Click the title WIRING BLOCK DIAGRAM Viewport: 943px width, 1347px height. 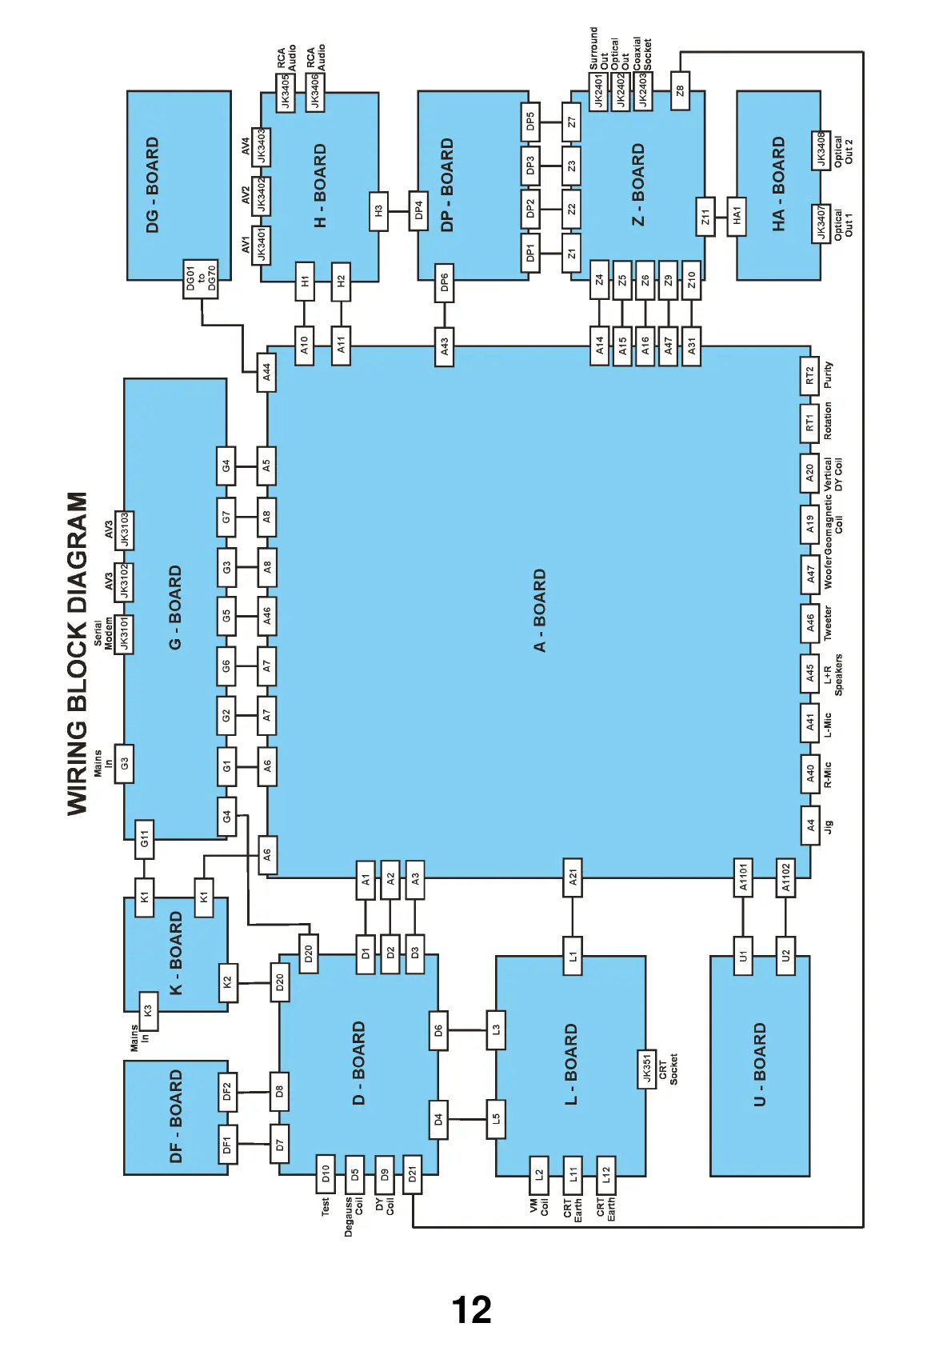pos(78,653)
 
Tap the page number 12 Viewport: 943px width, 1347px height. pos(471,1310)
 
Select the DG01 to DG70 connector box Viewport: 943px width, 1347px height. pos(201,279)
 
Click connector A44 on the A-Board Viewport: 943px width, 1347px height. pos(266,372)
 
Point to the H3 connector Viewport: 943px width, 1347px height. pos(378,211)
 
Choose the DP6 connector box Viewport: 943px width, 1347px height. pos(444,282)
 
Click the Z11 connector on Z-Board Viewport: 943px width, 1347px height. pos(705,217)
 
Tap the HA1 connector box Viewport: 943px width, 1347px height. pos(737,216)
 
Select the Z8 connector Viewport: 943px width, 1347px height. pos(680,91)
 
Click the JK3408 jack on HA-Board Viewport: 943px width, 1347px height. pos(821,150)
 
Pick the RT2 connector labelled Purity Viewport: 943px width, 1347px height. pos(809,376)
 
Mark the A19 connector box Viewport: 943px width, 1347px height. pos(809,524)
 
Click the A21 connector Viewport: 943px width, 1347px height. pos(573,877)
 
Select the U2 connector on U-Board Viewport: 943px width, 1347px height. pos(785,955)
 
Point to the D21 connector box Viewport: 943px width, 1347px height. pos(413,1174)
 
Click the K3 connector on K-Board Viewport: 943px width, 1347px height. pos(147,1011)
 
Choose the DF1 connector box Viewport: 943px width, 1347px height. pos(227,1145)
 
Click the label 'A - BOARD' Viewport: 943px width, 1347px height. pos(540,610)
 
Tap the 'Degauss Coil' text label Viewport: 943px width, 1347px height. pos(354,1216)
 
